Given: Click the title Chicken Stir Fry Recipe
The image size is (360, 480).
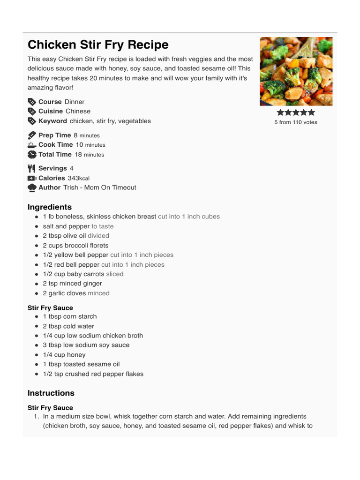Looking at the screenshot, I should click(x=98, y=45).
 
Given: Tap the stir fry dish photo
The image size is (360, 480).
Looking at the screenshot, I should click(x=296, y=71).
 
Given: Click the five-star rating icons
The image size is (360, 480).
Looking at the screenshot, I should click(x=296, y=112).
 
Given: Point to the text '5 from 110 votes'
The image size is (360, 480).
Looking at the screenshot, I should click(x=296, y=122).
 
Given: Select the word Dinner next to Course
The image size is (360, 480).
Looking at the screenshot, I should click(x=75, y=102).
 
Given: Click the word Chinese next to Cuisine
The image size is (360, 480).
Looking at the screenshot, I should click(x=78, y=111).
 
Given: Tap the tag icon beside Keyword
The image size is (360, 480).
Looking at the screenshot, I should click(x=32, y=121).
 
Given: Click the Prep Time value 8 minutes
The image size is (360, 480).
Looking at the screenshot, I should click(x=86, y=135).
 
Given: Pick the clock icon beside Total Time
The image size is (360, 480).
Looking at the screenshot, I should click(x=32, y=154).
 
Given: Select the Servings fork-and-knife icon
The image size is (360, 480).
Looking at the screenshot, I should click(x=32, y=168).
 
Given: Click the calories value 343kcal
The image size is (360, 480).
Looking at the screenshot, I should click(x=78, y=178).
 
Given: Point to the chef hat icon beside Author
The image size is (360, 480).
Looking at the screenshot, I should click(x=32, y=187).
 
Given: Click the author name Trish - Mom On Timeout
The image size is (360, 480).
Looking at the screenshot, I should click(x=100, y=187).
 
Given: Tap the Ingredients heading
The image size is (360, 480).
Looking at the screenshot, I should click(x=50, y=207).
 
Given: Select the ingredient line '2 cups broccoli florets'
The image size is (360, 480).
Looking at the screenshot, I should click(x=75, y=246).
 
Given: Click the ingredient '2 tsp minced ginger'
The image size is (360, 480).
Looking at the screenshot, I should click(x=72, y=284).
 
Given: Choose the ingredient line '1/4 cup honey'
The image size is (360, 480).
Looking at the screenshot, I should click(x=64, y=355).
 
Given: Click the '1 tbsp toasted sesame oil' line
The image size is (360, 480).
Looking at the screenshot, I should click(x=81, y=364).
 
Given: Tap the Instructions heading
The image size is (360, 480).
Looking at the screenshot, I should click(x=51, y=393).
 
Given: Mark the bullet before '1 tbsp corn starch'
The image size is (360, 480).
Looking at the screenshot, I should click(x=37, y=317).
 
